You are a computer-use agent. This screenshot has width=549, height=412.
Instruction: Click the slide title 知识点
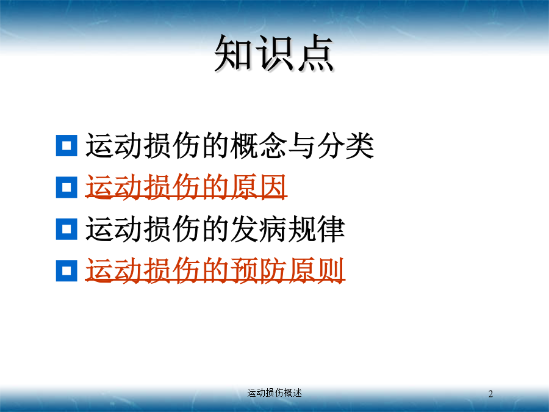tap(274, 53)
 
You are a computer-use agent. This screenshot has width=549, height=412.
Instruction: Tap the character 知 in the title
tap(234, 53)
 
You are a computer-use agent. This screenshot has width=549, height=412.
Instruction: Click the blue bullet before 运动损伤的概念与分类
tap(66, 145)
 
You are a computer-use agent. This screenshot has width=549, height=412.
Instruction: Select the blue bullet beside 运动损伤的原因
tap(66, 187)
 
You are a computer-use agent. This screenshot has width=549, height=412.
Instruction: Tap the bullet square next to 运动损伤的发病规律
tap(66, 229)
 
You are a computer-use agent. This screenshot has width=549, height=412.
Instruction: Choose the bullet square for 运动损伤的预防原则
tap(66, 270)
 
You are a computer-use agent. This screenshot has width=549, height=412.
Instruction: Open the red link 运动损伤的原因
tap(186, 187)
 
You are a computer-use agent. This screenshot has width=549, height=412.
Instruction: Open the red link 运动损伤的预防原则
tap(215, 270)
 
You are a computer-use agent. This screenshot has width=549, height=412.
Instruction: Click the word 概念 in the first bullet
tap(259, 145)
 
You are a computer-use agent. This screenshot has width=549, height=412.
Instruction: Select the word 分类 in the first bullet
tap(346, 145)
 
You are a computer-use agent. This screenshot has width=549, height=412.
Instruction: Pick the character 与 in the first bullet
tap(302, 145)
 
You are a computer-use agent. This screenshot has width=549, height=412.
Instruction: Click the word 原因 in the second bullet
tap(259, 187)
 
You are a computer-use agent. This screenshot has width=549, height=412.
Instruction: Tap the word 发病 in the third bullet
tap(259, 229)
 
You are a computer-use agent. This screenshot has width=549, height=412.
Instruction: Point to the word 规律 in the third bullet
tap(317, 229)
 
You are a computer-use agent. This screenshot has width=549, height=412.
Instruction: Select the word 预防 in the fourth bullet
tap(259, 270)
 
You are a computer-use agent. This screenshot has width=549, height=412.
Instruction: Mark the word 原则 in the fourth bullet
tap(317, 270)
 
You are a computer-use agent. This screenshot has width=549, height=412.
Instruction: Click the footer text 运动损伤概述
tap(274, 392)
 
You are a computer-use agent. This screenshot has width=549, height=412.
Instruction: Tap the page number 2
tap(490, 394)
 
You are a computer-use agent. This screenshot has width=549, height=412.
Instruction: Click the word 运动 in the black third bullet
tap(114, 229)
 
